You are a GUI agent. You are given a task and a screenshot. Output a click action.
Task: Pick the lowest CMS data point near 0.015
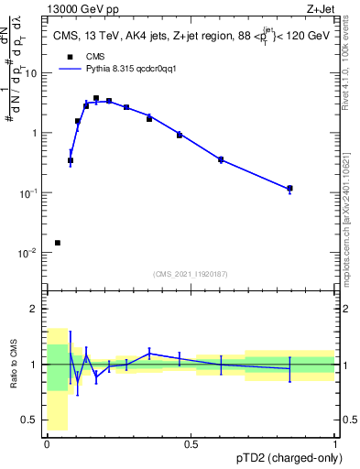(58, 243)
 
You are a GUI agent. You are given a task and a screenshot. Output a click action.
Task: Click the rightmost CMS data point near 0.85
(289, 189)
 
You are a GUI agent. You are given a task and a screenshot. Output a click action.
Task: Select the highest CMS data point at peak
(96, 98)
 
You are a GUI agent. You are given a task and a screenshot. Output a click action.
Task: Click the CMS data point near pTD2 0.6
(221, 159)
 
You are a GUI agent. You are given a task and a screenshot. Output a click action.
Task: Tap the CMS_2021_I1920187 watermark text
(190, 272)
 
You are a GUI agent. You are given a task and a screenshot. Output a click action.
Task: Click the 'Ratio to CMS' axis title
(15, 365)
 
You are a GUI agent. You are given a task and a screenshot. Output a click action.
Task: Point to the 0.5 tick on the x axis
(191, 444)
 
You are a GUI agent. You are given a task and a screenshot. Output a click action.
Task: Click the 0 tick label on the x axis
(47, 444)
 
